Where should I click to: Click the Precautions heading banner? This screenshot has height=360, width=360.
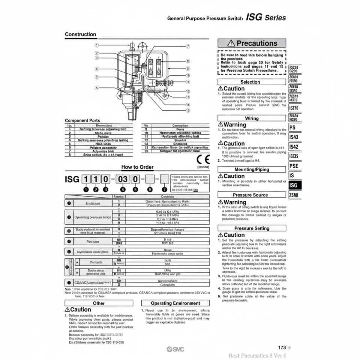click(x=252, y=43)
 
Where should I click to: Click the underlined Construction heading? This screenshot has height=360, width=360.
click(x=80, y=34)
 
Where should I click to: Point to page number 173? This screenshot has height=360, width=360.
click(x=282, y=347)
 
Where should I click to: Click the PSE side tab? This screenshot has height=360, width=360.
click(x=294, y=166)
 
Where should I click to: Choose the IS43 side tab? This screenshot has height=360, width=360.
click(x=294, y=137)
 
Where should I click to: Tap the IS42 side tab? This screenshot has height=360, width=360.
click(x=294, y=147)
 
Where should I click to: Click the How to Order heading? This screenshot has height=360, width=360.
click(x=137, y=167)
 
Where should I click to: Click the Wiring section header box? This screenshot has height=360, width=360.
click(x=252, y=118)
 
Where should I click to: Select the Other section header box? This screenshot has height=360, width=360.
click(x=99, y=303)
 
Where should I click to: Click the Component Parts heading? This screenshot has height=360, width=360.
click(x=82, y=120)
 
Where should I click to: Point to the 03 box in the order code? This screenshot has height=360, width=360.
click(x=123, y=178)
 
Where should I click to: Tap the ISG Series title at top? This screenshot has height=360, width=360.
click(x=266, y=17)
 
